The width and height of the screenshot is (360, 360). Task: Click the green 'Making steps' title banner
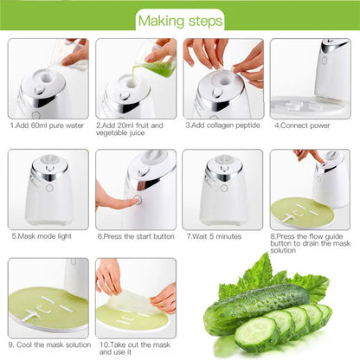point(180,19)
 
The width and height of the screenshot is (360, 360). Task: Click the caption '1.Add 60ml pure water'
point(47,125)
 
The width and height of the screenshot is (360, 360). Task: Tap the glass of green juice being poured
point(159,63)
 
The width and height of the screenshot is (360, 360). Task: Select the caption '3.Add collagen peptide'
point(223,125)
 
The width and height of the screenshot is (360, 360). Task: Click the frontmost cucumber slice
point(256,333)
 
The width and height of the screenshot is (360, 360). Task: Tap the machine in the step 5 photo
point(48,186)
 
